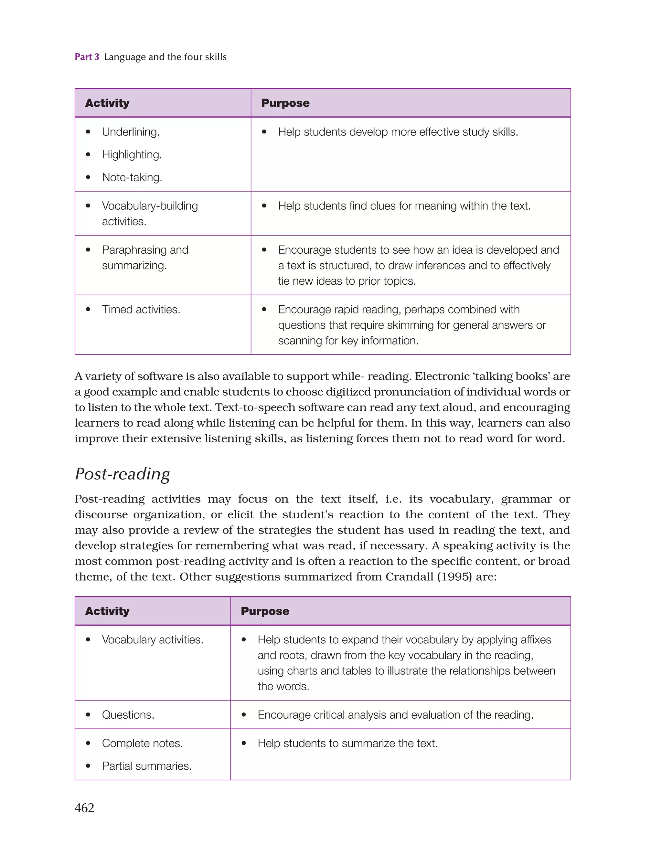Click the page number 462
tap(84, 808)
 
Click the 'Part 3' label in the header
tap(87, 57)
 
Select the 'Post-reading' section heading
tap(123, 474)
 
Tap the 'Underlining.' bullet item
tap(131, 132)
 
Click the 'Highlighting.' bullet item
tap(132, 155)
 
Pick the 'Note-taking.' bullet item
tap(132, 177)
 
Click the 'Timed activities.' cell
tap(141, 309)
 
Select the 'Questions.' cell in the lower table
tap(128, 714)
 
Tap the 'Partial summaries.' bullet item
tap(146, 766)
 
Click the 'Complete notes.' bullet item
tap(142, 743)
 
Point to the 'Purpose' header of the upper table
tap(285, 103)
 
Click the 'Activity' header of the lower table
tap(107, 611)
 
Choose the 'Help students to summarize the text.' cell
tap(347, 743)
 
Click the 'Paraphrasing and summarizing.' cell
tap(145, 257)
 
